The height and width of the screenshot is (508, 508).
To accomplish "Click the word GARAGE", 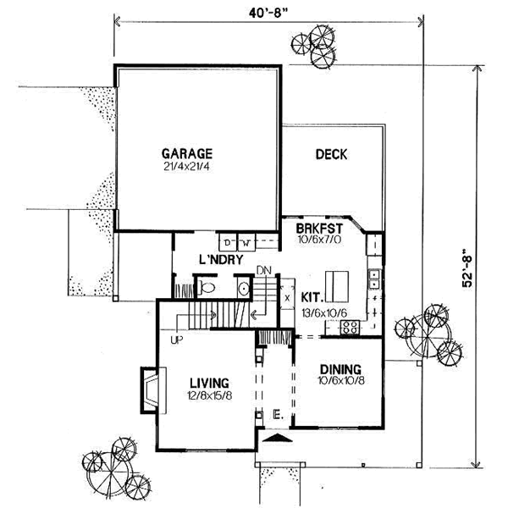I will [186, 153].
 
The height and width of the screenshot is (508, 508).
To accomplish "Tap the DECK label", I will [332, 154].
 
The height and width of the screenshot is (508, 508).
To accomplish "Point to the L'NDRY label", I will [222, 259].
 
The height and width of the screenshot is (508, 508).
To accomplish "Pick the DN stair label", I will [264, 271].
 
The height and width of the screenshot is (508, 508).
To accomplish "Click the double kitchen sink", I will [373, 287].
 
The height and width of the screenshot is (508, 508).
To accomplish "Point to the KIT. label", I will [313, 300].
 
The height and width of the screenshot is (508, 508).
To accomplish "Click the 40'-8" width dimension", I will [267, 13].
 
